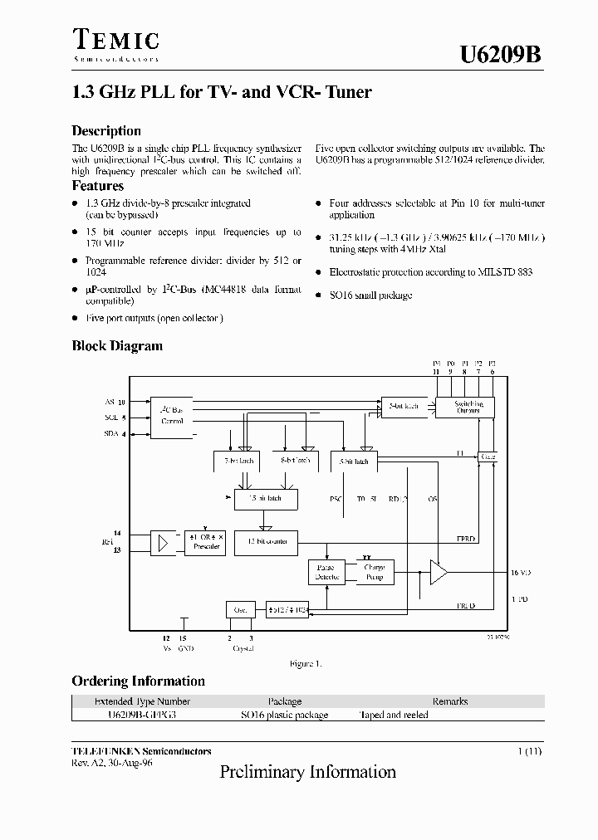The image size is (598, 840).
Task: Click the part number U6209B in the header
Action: pyautogui.click(x=502, y=55)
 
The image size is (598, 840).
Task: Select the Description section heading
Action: pyautogui.click(x=106, y=131)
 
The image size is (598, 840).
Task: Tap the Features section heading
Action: pyautogui.click(x=98, y=186)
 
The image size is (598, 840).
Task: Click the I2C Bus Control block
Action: pyautogui.click(x=172, y=415)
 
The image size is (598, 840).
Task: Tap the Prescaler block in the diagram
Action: pyautogui.click(x=206, y=541)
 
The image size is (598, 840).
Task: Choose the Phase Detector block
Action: pyautogui.click(x=325, y=572)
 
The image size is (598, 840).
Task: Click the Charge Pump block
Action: pyautogui.click(x=375, y=572)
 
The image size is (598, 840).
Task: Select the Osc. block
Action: pyautogui.click(x=240, y=609)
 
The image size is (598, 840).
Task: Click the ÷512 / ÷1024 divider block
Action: pyautogui.click(x=287, y=609)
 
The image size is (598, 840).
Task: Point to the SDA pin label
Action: pyautogui.click(x=110, y=433)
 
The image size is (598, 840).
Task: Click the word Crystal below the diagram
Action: pyautogui.click(x=242, y=648)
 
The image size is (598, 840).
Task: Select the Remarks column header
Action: pyautogui.click(x=449, y=701)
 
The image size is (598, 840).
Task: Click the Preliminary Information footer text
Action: pyautogui.click(x=307, y=772)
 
